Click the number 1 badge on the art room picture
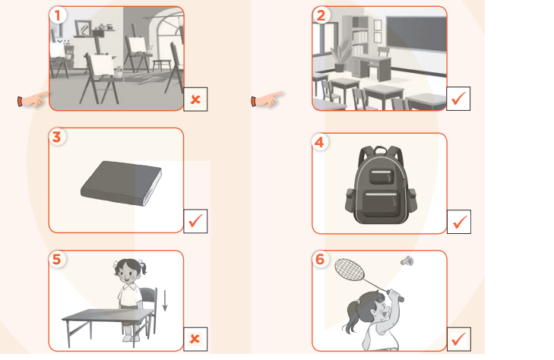pyautogui.click(x=58, y=15)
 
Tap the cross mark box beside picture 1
pyautogui.click(x=195, y=99)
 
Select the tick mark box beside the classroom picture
pyautogui.click(x=458, y=99)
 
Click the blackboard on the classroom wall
pyautogui.click(x=416, y=34)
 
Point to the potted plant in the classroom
pyautogui.click(x=340, y=55)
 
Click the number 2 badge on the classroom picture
pyautogui.click(x=321, y=15)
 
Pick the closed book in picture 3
pyautogui.click(x=121, y=183)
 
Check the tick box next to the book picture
pyautogui.click(x=195, y=221)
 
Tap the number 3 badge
pyautogui.click(x=57, y=137)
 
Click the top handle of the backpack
pyautogui.click(x=381, y=150)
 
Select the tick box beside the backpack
pyautogui.click(x=459, y=222)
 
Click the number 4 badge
pyautogui.click(x=320, y=142)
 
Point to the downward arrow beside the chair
pyautogui.click(x=165, y=300)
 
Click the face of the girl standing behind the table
pyautogui.click(x=126, y=273)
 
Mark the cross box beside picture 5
pyautogui.click(x=195, y=339)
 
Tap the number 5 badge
pyautogui.click(x=57, y=260)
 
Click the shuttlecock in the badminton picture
pyautogui.click(x=407, y=261)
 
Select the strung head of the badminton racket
pyautogui.click(x=350, y=270)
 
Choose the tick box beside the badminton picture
pyautogui.click(x=458, y=339)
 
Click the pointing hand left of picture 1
pyautogui.click(x=33, y=99)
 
